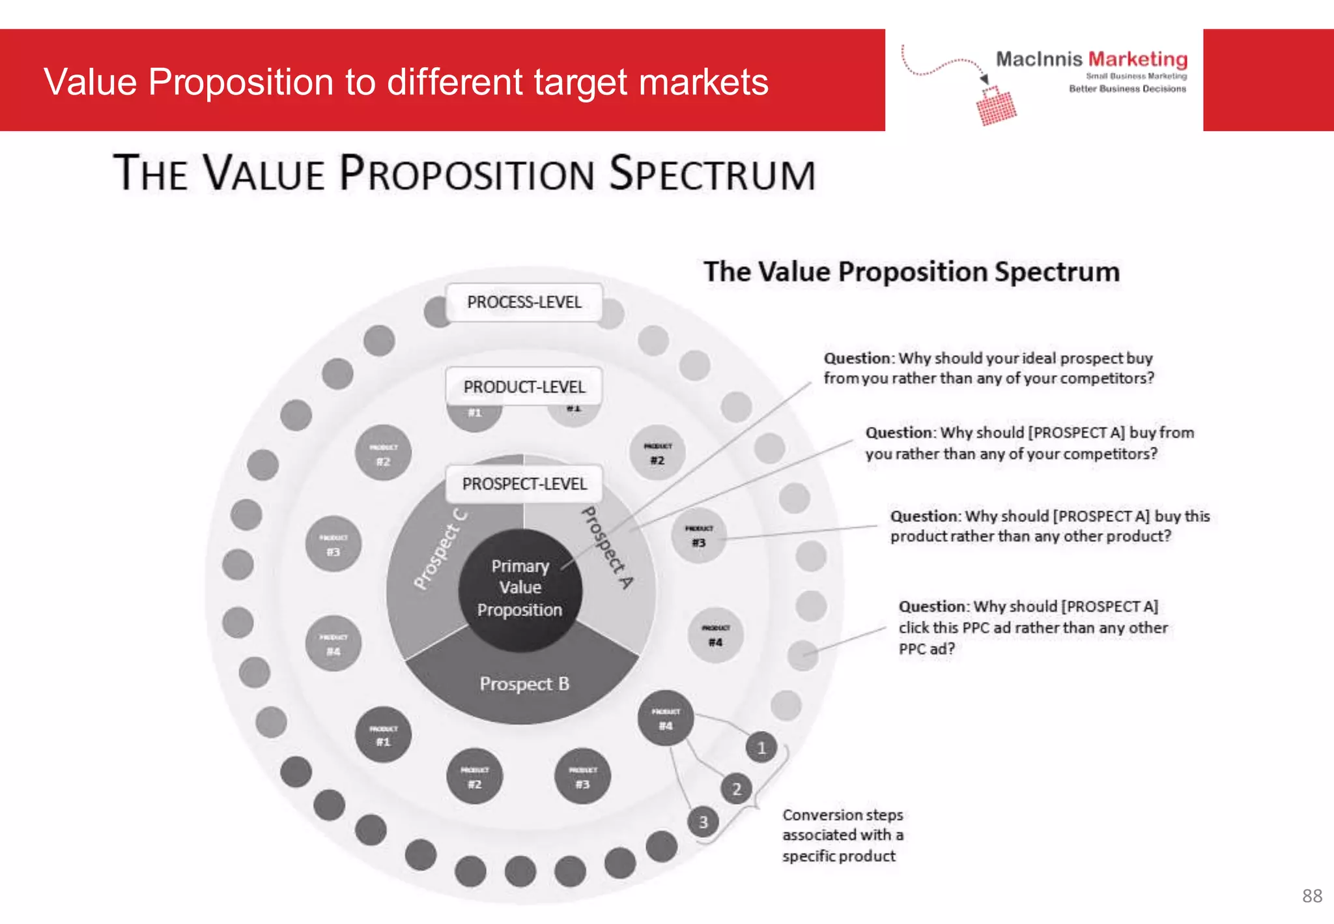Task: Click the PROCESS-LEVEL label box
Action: [524, 302]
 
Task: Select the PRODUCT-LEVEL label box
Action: [524, 387]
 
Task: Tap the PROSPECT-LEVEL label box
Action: [524, 484]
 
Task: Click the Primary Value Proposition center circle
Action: [520, 588]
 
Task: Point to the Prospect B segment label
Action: [524, 684]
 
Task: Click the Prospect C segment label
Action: [440, 549]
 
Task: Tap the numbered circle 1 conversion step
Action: [761, 748]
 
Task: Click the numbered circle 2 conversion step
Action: [737, 789]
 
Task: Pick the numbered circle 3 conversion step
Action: [703, 822]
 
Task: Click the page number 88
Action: [1312, 896]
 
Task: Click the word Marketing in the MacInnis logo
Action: [1137, 59]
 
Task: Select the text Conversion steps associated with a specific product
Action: [842, 835]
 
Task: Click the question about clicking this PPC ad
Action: [1032, 628]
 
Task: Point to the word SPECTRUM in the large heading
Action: [713, 174]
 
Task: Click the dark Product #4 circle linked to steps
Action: [665, 718]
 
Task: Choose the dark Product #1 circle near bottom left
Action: [383, 735]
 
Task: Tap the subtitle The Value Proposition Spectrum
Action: [911, 272]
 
